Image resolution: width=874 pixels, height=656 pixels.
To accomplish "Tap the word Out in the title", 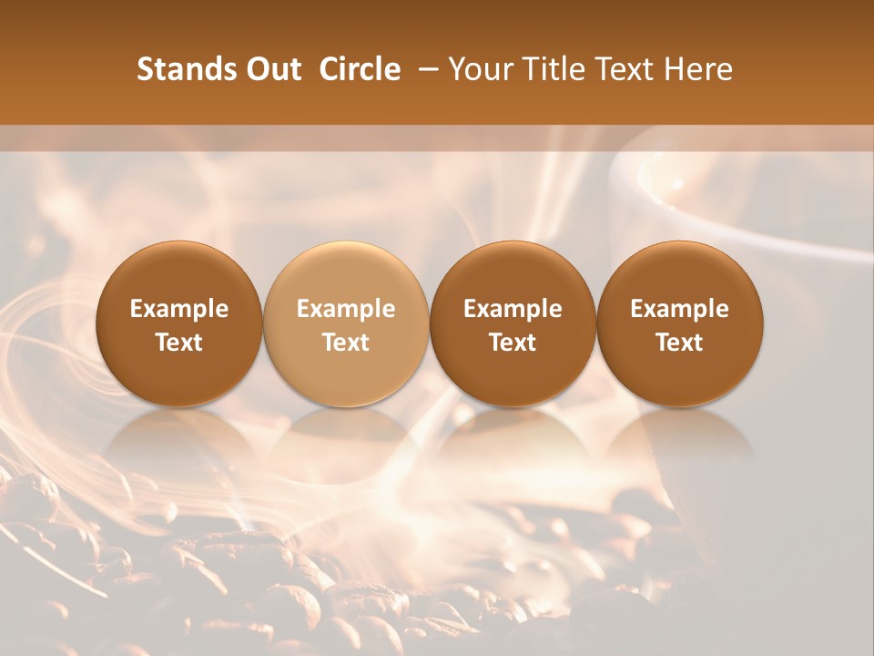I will pyautogui.click(x=271, y=69).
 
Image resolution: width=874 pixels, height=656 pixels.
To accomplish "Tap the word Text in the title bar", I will pyautogui.click(x=625, y=69).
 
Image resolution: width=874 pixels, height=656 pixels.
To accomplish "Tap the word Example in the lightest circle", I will pyautogui.click(x=346, y=309).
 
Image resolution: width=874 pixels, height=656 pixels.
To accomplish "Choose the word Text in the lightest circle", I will pyautogui.click(x=346, y=343).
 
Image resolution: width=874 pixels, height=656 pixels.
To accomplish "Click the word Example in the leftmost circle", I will pyautogui.click(x=179, y=309).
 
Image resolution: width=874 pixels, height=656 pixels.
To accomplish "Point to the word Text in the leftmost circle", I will pyautogui.click(x=179, y=343).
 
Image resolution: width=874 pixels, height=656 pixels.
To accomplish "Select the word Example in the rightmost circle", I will pyautogui.click(x=679, y=309).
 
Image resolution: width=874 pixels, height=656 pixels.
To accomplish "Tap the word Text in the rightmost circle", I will pyautogui.click(x=679, y=343).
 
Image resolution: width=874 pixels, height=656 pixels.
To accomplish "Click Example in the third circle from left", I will pyautogui.click(x=513, y=309).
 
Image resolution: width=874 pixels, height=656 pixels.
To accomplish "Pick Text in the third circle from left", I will pyautogui.click(x=513, y=343).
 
